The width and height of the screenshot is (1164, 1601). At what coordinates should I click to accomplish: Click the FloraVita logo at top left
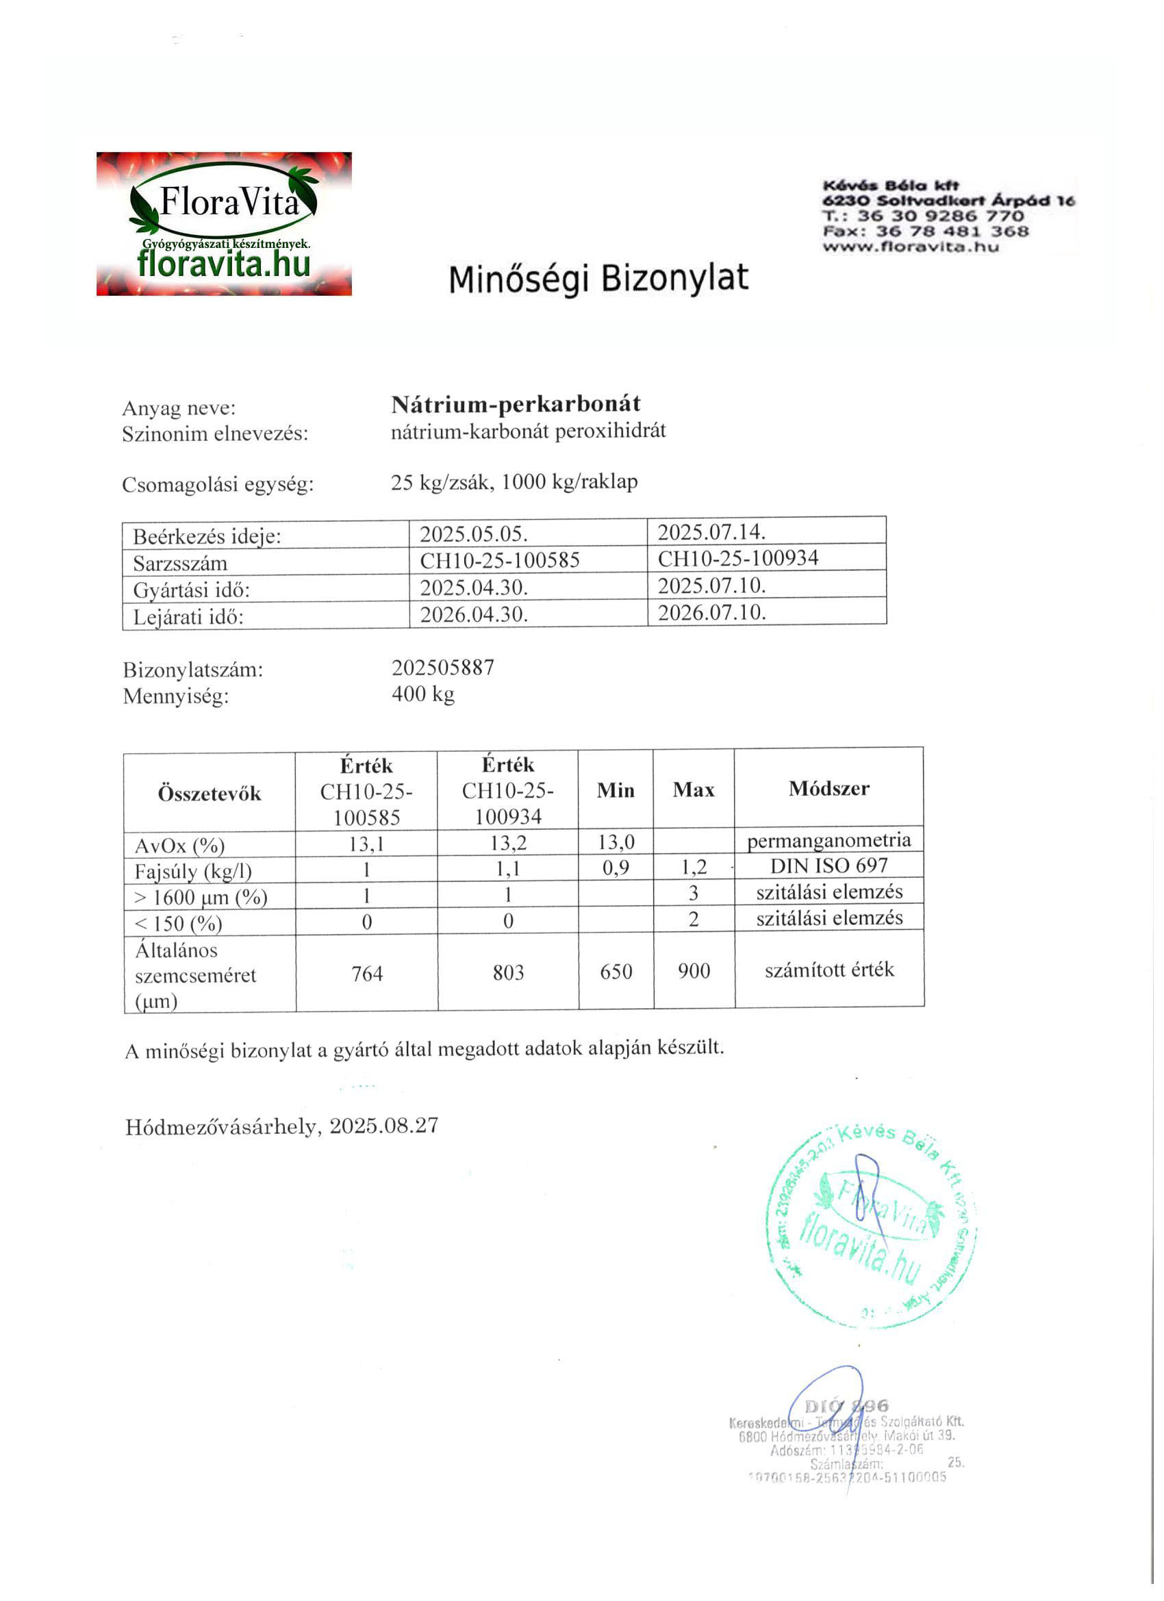coord(224,223)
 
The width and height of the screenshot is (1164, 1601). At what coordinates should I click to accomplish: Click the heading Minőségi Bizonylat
coord(598,278)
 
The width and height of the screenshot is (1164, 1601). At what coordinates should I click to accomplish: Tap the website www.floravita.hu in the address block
coord(911,247)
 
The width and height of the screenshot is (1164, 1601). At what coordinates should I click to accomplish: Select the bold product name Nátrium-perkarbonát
coord(516,405)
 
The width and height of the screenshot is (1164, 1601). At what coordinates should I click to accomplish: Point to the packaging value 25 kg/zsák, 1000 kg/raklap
coord(514,482)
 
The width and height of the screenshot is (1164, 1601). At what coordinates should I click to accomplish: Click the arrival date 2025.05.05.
coord(474,533)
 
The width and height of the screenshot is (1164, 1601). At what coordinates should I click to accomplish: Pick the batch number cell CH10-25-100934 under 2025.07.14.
coord(737,558)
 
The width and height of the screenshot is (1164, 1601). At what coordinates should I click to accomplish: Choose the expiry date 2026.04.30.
coord(474,614)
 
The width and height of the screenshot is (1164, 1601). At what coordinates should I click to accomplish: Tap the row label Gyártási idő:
coord(191,590)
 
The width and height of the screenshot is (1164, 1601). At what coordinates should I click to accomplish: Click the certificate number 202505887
coord(442,668)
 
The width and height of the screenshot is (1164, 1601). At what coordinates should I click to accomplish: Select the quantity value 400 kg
coord(423,694)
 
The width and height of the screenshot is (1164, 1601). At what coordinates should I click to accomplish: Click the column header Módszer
coord(828,788)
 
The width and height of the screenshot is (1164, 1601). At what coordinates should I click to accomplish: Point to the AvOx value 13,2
coord(507,843)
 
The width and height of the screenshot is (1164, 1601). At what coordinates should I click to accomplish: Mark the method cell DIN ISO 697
coord(828,866)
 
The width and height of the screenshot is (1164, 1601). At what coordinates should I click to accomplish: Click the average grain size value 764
coord(367,974)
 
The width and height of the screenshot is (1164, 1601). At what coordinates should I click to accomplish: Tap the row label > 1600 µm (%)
coord(201,898)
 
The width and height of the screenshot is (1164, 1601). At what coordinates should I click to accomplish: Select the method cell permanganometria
coord(828,840)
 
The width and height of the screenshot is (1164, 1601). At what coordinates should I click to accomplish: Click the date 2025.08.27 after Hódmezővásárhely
coord(384,1125)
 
